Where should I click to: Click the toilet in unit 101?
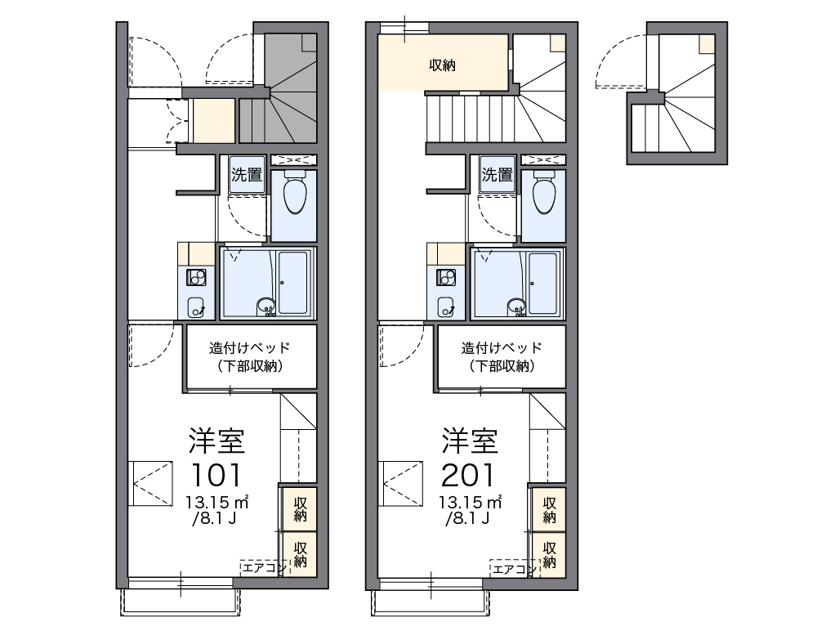pyautogui.click(x=294, y=192)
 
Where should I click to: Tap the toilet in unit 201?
pyautogui.click(x=545, y=192)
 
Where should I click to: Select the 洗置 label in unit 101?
pyautogui.click(x=247, y=174)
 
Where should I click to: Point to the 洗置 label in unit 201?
pyautogui.click(x=497, y=174)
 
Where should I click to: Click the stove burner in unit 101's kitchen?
pyautogui.click(x=196, y=278)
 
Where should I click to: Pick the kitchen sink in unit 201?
pyautogui.click(x=446, y=307)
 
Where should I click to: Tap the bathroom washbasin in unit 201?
pyautogui.click(x=515, y=307)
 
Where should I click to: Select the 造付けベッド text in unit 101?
pyautogui.click(x=250, y=348)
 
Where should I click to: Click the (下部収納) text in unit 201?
pyautogui.click(x=502, y=366)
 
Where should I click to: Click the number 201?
pyautogui.click(x=467, y=475)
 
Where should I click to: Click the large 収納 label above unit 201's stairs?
pyautogui.click(x=442, y=65)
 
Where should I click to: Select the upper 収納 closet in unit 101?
pyautogui.click(x=300, y=508)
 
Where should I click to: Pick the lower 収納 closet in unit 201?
pyautogui.click(x=550, y=554)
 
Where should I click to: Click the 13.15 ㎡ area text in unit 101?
pyautogui.click(x=217, y=501)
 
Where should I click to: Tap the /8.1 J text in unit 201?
pyautogui.click(x=467, y=518)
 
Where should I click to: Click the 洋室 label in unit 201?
pyautogui.click(x=470, y=441)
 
